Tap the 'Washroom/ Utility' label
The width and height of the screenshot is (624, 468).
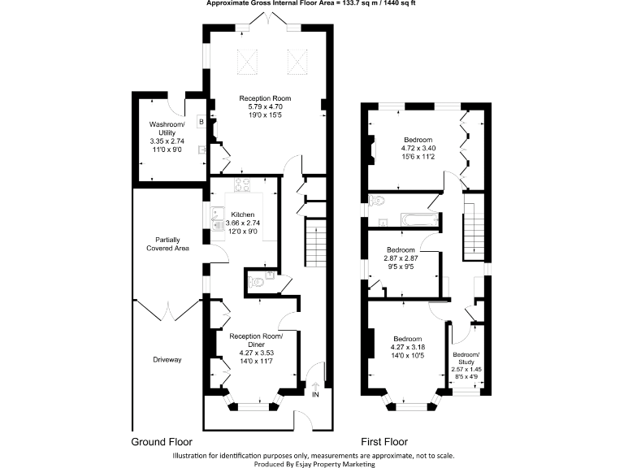click(167, 128)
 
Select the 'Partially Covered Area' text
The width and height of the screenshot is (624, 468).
click(167, 244)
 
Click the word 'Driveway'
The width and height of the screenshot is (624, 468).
click(167, 358)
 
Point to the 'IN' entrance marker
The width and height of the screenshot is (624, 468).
click(316, 395)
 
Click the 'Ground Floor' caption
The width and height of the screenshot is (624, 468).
click(162, 443)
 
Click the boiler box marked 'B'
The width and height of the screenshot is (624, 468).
click(201, 123)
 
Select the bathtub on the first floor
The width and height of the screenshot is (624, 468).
click(418, 218)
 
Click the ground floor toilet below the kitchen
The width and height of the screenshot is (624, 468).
click(257, 283)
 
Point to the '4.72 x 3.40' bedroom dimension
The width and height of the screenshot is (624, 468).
click(418, 148)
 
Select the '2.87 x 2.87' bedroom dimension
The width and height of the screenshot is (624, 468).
click(401, 258)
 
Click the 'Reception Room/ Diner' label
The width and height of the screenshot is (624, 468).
click(256, 340)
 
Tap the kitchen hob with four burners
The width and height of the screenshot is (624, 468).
click(242, 184)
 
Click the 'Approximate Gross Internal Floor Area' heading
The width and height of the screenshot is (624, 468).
click(311, 4)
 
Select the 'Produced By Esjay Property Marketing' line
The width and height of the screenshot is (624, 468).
click(313, 463)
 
